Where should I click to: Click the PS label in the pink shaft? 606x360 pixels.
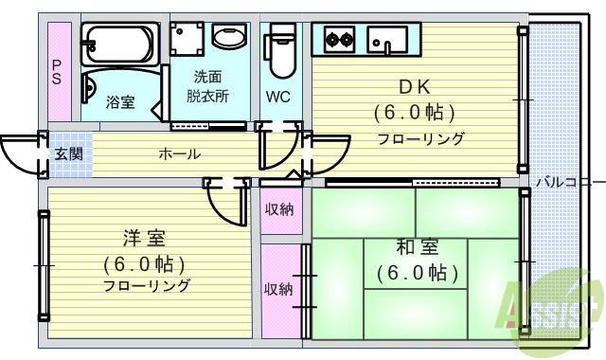point(58,72)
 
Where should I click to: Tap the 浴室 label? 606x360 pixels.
point(119,101)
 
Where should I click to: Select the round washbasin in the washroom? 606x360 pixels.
point(226,38)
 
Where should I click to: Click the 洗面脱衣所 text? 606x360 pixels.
point(207,86)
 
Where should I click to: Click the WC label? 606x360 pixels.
point(277,97)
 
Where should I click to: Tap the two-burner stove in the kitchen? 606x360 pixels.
point(338,39)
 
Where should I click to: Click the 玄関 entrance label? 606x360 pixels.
point(67,154)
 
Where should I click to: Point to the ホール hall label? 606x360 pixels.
point(178,153)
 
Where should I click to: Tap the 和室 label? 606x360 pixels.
point(417,248)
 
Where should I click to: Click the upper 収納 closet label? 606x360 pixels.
point(278,209)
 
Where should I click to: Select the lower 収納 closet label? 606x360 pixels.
point(278,289)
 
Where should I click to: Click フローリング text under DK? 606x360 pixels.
point(421,139)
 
